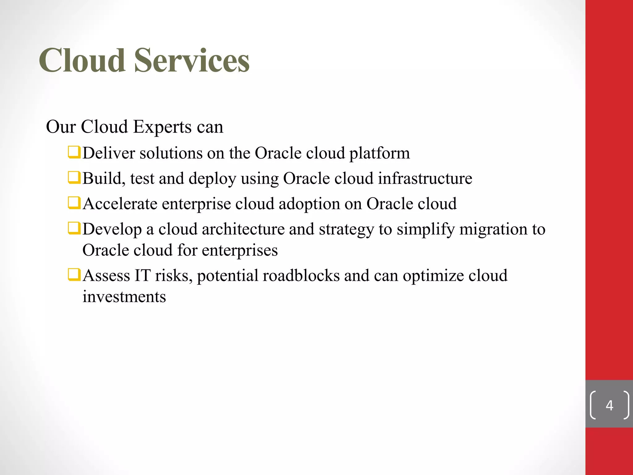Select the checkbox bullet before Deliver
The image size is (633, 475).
(x=74, y=152)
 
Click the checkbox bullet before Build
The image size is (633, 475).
(x=74, y=178)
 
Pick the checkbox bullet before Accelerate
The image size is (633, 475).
(x=74, y=203)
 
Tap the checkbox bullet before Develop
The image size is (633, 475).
(x=74, y=229)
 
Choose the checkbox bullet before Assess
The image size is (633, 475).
(x=74, y=275)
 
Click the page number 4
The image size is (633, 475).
(x=609, y=405)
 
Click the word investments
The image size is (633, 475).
(x=124, y=297)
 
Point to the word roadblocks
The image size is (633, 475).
(x=301, y=276)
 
